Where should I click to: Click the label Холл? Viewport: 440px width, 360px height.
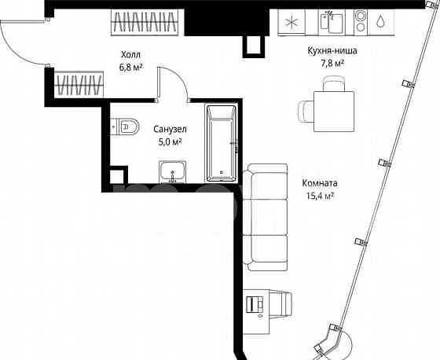pos(131,55)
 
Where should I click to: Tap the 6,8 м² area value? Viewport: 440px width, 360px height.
pos(131,68)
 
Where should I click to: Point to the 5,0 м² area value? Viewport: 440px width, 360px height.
pos(170,141)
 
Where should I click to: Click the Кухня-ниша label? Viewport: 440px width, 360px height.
pos(333,53)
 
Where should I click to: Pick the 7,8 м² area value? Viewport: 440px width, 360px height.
pos(333,65)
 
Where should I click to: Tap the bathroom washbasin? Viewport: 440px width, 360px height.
pos(172,171)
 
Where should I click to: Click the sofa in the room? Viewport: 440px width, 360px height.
pos(261,216)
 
